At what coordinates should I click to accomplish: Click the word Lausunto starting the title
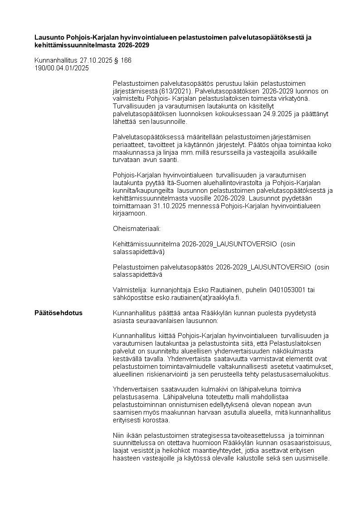[x=50, y=37]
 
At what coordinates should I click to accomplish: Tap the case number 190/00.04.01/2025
[x=62, y=68]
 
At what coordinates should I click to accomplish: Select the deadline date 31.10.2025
[x=168, y=206]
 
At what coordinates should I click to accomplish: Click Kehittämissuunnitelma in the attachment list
[x=146, y=244]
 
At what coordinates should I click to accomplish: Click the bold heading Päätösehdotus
[x=58, y=313]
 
